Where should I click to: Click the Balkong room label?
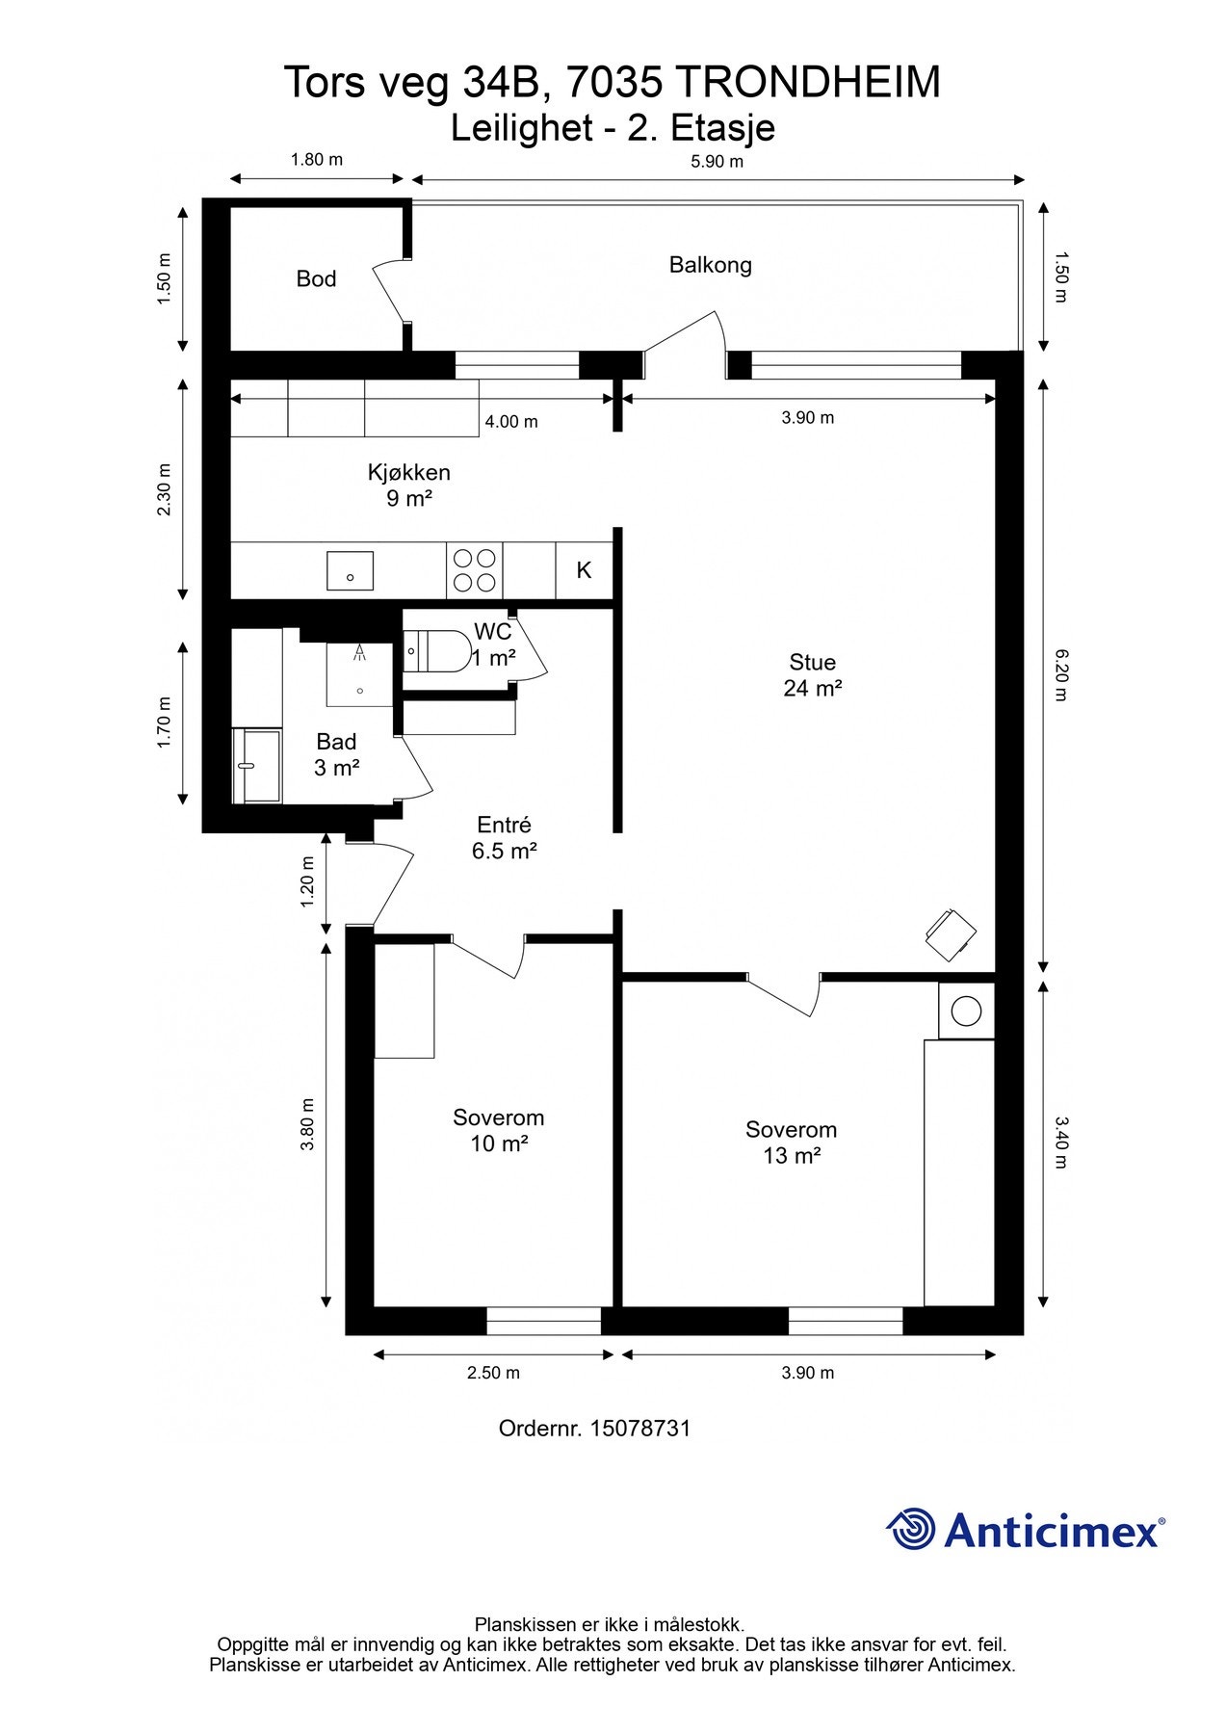tap(710, 265)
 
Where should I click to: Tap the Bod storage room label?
tap(316, 279)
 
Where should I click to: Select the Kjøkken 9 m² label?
tap(408, 486)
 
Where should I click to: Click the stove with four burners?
tap(474, 570)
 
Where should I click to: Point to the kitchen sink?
tap(350, 570)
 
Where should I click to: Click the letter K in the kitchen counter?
tap(584, 570)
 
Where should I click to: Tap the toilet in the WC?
tap(433, 651)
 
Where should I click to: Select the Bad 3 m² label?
tap(336, 754)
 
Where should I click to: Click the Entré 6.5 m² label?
tap(504, 838)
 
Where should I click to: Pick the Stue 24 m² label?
tap(813, 675)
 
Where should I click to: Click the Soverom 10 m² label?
tap(498, 1131)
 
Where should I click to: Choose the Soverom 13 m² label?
tap(791, 1143)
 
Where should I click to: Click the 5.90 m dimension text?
tap(717, 161)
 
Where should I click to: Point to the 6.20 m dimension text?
tap(1059, 674)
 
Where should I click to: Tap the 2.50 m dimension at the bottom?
tap(493, 1373)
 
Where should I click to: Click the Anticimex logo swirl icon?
tap(911, 1529)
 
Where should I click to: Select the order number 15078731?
tap(639, 1428)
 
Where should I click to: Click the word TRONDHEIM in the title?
tap(807, 83)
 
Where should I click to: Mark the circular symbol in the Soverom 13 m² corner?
tap(965, 1011)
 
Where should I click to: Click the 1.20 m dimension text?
tap(308, 881)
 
